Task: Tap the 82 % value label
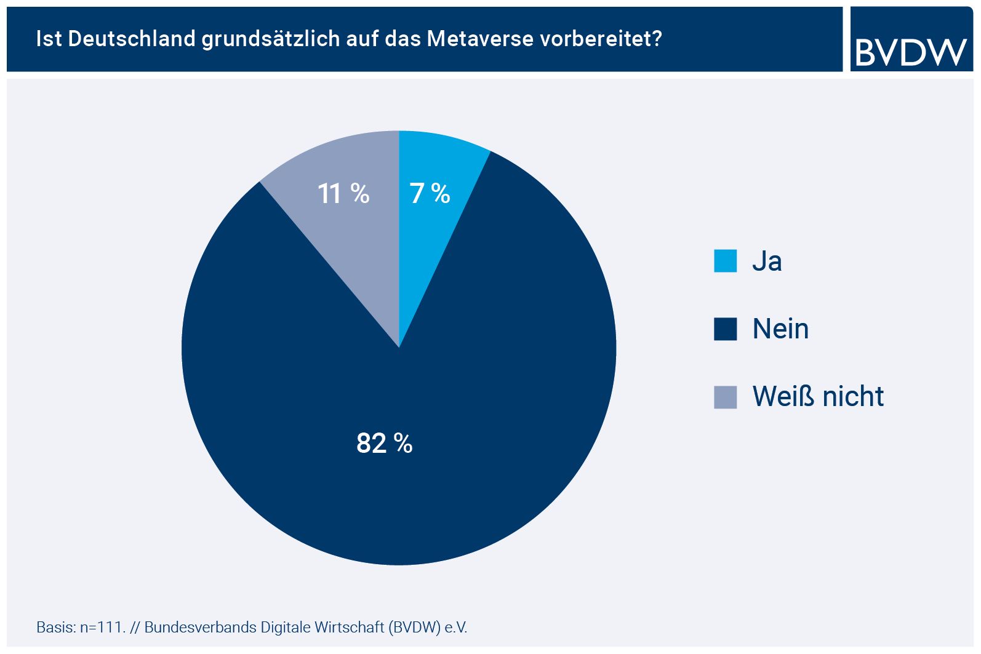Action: pyautogui.click(x=384, y=443)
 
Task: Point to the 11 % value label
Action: pyautogui.click(x=343, y=194)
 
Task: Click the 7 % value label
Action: pyautogui.click(x=430, y=194)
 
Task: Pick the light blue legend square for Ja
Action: pyautogui.click(x=725, y=261)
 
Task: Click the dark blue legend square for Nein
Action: pyautogui.click(x=725, y=329)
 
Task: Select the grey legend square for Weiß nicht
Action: pyautogui.click(x=725, y=397)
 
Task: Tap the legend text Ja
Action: pyautogui.click(x=767, y=261)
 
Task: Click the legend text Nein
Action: pyautogui.click(x=780, y=329)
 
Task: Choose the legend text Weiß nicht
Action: pyautogui.click(x=818, y=397)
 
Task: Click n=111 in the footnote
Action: pyautogui.click(x=102, y=628)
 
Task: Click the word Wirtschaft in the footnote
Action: pyautogui.click(x=349, y=628)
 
